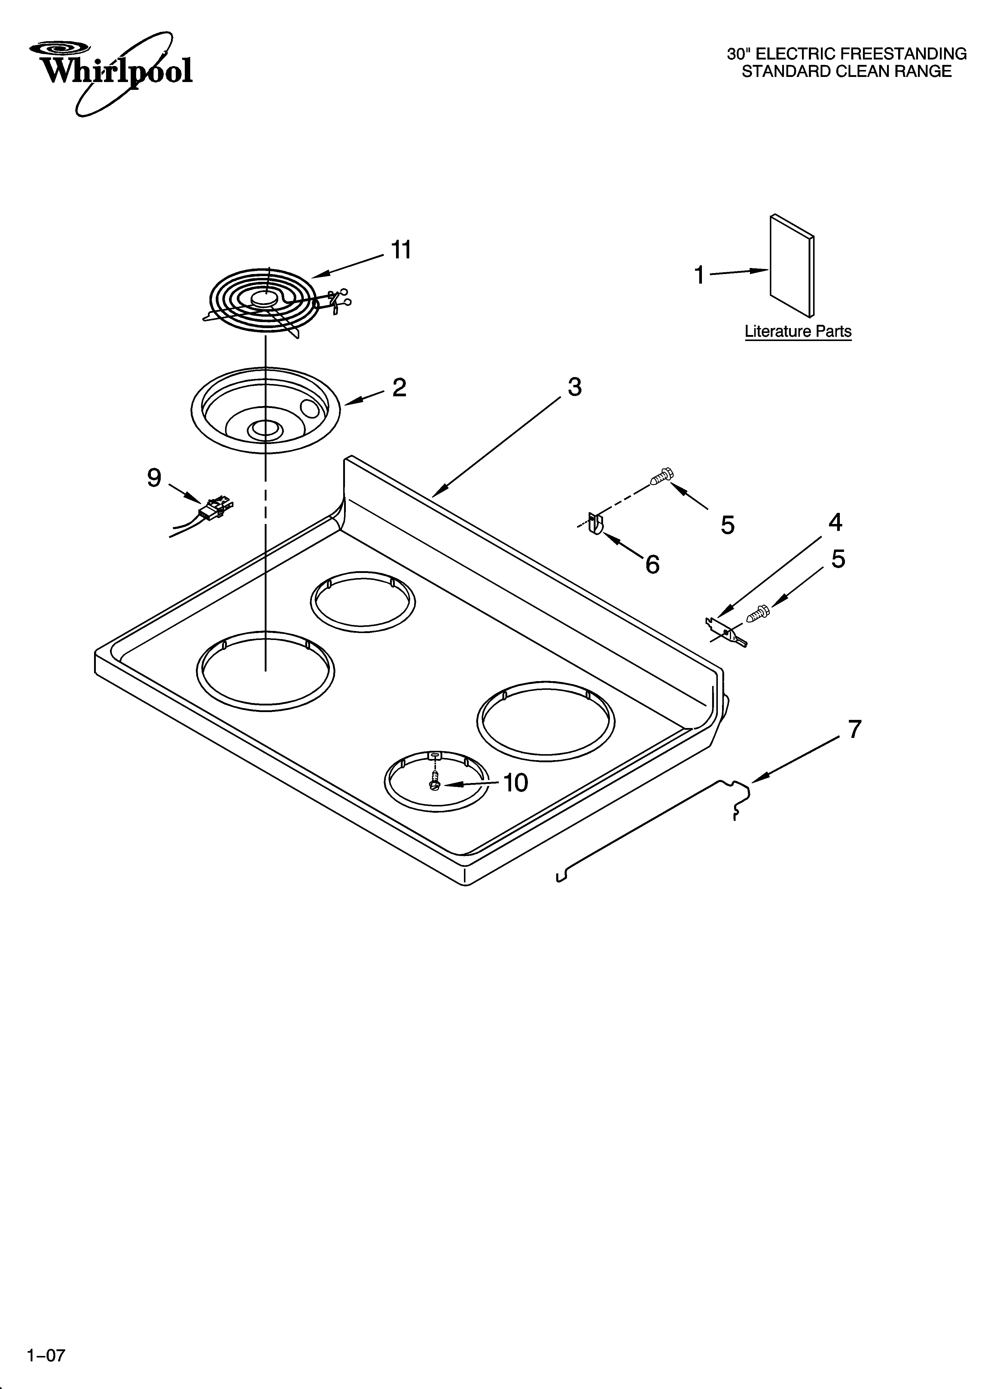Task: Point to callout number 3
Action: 574,387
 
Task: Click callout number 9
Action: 154,478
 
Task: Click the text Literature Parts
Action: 798,331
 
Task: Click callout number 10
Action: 515,783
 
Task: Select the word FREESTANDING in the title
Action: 904,54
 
